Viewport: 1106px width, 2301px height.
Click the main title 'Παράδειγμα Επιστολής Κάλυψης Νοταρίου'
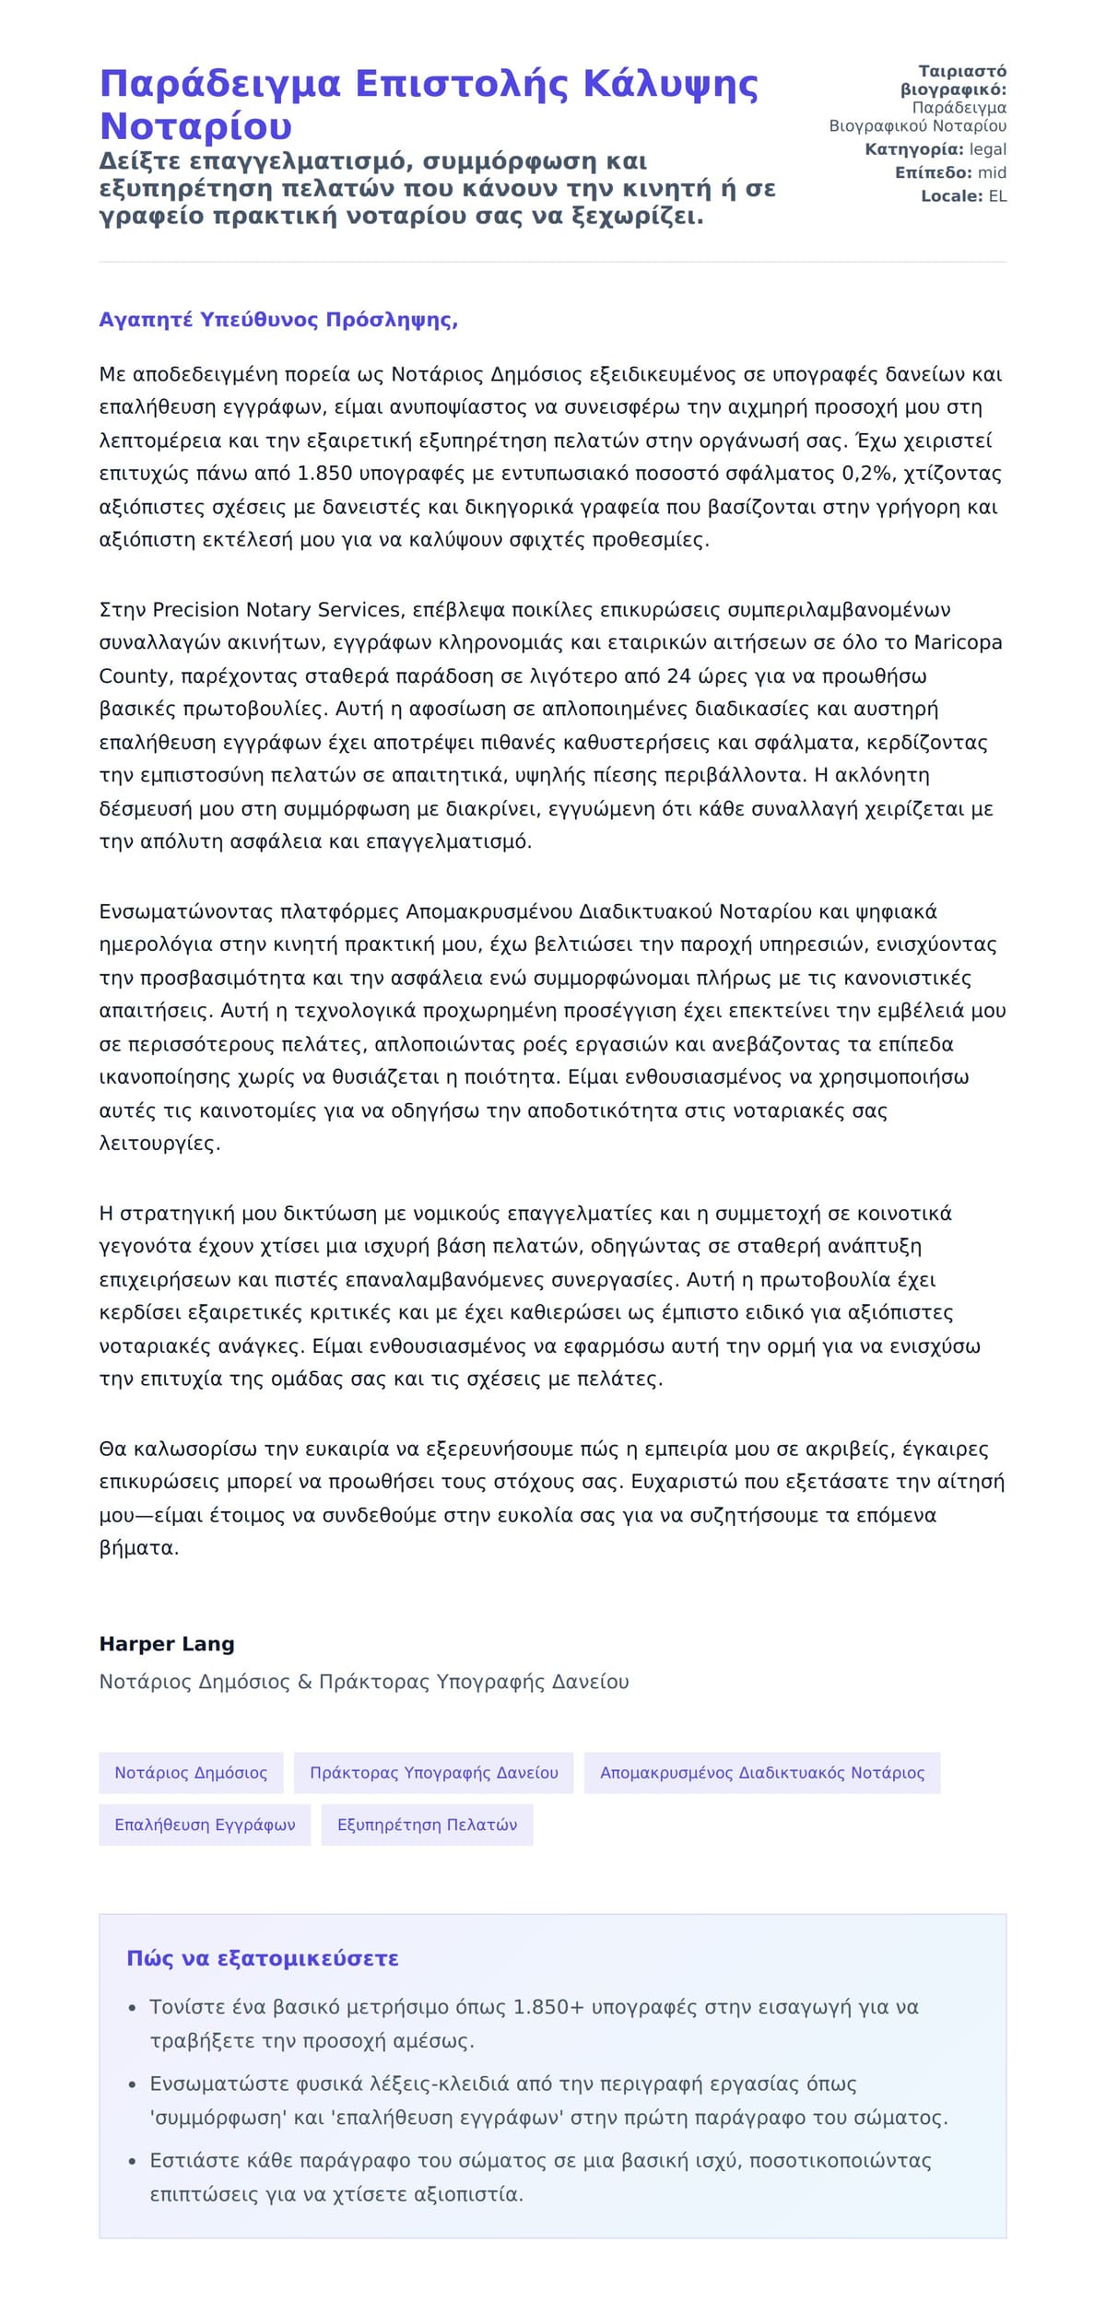[429, 104]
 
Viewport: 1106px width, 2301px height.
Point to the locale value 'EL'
[997, 196]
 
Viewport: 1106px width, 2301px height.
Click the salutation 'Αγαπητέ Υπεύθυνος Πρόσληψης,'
[278, 320]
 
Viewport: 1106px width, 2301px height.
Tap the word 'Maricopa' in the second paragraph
[959, 642]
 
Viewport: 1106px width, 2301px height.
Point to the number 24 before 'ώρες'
[678, 676]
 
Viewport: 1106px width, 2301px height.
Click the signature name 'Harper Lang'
[167, 1644]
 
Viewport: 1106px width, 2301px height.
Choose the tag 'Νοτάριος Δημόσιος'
[191, 1773]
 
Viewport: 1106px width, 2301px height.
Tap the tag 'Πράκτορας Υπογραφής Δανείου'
[433, 1773]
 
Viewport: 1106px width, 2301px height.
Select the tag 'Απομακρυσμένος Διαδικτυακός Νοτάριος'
[761, 1773]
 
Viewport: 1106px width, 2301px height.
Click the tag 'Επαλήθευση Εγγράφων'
[205, 1825]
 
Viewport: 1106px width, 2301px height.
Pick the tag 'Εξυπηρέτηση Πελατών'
[427, 1825]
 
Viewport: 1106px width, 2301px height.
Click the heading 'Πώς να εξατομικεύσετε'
[263, 1958]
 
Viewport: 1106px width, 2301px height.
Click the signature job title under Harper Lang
[364, 1682]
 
